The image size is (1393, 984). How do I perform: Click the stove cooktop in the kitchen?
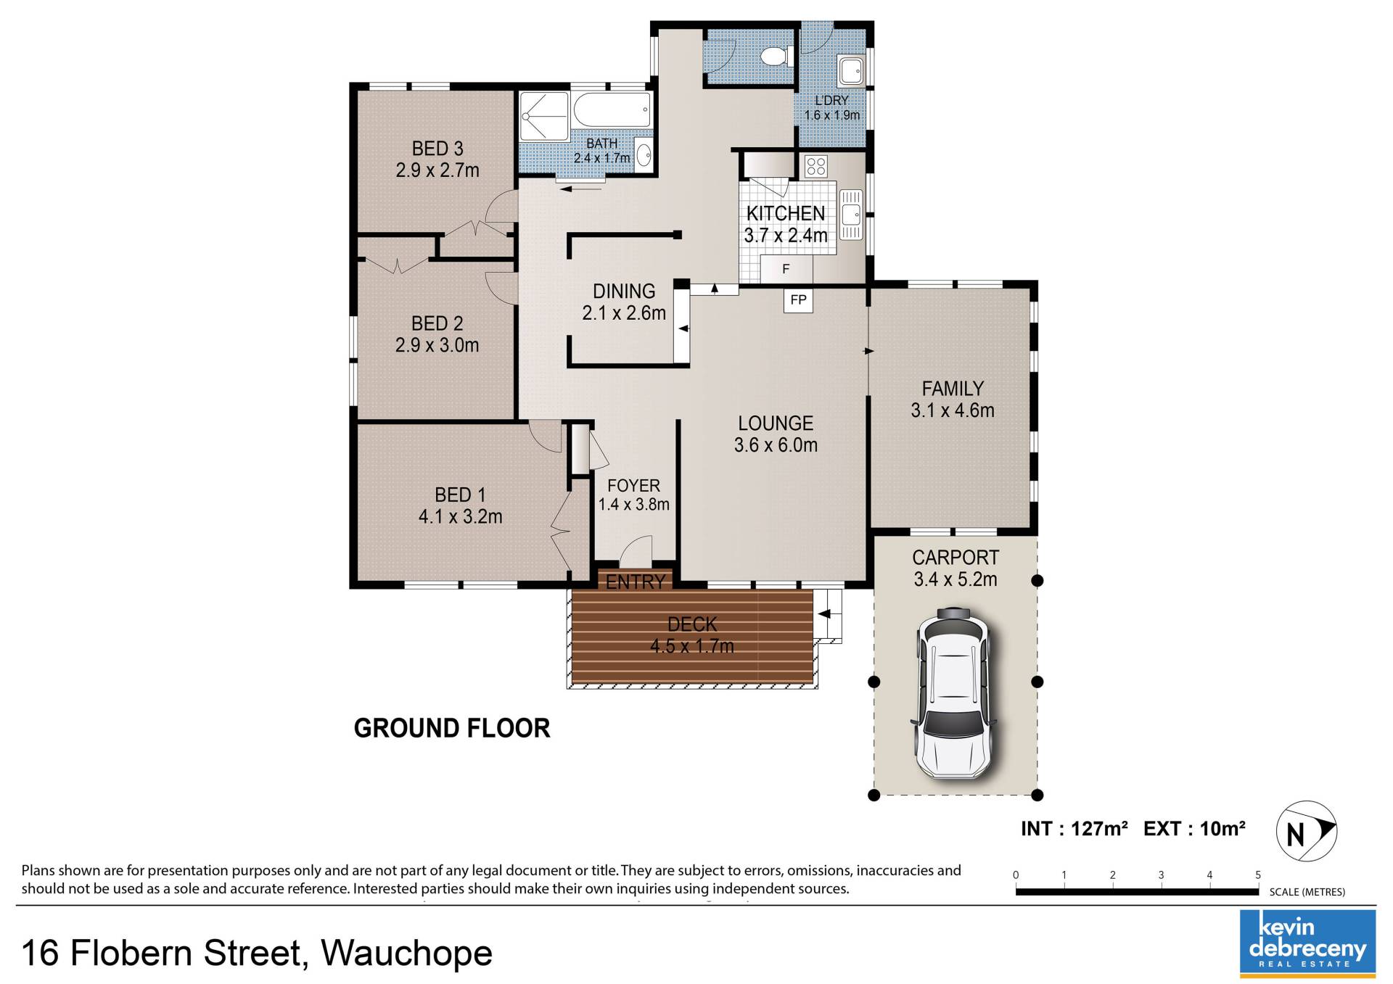pyautogui.click(x=815, y=166)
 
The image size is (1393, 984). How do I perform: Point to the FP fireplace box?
pyautogui.click(x=798, y=299)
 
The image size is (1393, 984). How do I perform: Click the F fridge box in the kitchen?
pyautogui.click(x=786, y=269)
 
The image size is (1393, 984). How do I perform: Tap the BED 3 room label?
pyautogui.click(x=437, y=149)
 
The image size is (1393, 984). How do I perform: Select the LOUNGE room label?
pyautogui.click(x=776, y=423)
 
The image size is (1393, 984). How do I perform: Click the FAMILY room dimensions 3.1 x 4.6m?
pyautogui.click(x=953, y=410)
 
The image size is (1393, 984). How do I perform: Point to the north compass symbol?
pyautogui.click(x=1306, y=831)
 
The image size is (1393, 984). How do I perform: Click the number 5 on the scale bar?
pyautogui.click(x=1258, y=875)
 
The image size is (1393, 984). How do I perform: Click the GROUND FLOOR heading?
pyautogui.click(x=452, y=728)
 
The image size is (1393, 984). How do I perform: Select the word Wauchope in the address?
pyautogui.click(x=407, y=953)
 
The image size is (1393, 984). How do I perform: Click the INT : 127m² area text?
pyautogui.click(x=1074, y=829)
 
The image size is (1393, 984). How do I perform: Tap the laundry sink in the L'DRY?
pyautogui.click(x=850, y=70)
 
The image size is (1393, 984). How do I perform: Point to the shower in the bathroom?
pyautogui.click(x=544, y=116)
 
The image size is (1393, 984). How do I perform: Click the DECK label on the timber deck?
pyautogui.click(x=692, y=624)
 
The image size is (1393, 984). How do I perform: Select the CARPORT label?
pyautogui.click(x=956, y=558)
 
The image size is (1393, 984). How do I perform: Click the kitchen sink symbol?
pyautogui.click(x=850, y=214)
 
